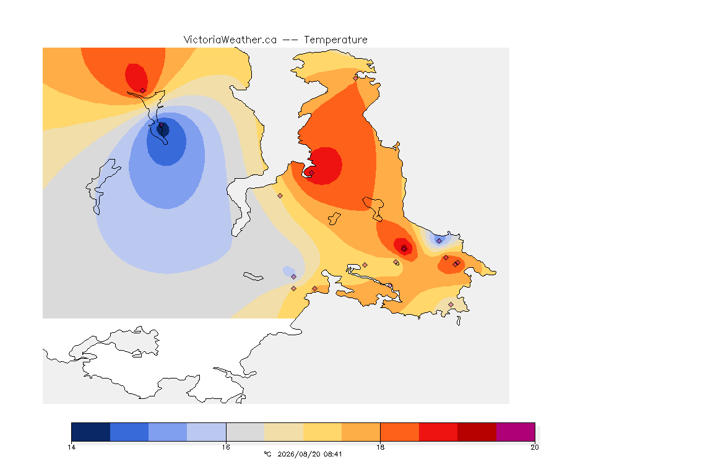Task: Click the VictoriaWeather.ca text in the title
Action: [230, 40]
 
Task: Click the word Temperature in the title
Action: [335, 40]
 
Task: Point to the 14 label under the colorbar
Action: [71, 447]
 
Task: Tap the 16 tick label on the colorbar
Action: [226, 447]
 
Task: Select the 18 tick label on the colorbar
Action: [380, 447]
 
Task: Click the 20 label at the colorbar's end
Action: [535, 447]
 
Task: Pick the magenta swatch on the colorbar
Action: [516, 432]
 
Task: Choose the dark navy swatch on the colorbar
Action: [91, 432]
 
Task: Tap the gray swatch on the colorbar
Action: [245, 432]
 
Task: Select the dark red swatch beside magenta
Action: [477, 432]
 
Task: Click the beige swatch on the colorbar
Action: [283, 432]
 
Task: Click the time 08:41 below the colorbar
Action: [333, 454]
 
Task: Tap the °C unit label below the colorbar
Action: [267, 454]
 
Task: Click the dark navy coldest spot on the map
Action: [163, 129]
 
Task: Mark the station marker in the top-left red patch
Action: [143, 91]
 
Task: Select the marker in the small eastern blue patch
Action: [439, 241]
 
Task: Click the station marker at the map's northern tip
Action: [356, 78]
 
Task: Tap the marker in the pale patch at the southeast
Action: [451, 304]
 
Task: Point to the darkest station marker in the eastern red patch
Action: [404, 249]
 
